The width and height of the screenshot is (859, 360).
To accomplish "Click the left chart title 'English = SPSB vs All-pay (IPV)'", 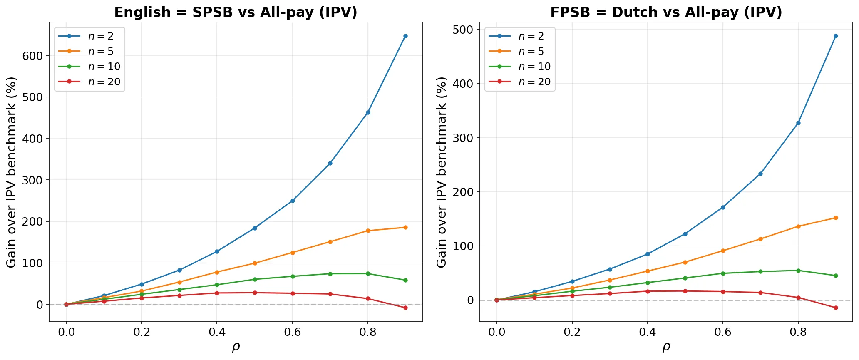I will click(236, 12).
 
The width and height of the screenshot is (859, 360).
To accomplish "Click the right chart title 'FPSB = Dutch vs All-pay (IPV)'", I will click(666, 12).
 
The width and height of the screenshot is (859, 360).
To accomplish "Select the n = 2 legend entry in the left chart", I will click(100, 36).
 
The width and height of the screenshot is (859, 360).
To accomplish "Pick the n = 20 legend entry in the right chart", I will click(534, 82).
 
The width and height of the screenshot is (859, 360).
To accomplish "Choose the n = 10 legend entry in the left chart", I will click(104, 67).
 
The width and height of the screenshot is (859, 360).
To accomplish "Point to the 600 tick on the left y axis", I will click(34, 56).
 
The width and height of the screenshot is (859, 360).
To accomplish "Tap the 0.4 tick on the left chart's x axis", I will click(217, 332).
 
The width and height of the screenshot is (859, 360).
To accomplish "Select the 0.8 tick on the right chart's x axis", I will click(798, 332).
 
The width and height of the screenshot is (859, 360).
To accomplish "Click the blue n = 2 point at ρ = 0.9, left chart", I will click(405, 36).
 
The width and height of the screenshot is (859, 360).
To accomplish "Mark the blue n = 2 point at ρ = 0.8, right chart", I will click(798, 123).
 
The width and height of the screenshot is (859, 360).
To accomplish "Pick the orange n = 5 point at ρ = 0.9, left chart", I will click(405, 227).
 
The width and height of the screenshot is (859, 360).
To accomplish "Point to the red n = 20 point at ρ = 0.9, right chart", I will click(836, 308).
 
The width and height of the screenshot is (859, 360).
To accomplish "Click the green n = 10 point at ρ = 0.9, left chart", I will click(405, 280).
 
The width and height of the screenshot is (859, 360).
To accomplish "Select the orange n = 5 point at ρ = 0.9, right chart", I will click(836, 218).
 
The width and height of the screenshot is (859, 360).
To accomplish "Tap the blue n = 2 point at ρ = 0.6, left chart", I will click(293, 201).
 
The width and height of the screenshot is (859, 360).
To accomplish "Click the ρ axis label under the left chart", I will click(236, 347).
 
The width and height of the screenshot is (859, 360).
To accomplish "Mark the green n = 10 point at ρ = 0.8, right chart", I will click(798, 271).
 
